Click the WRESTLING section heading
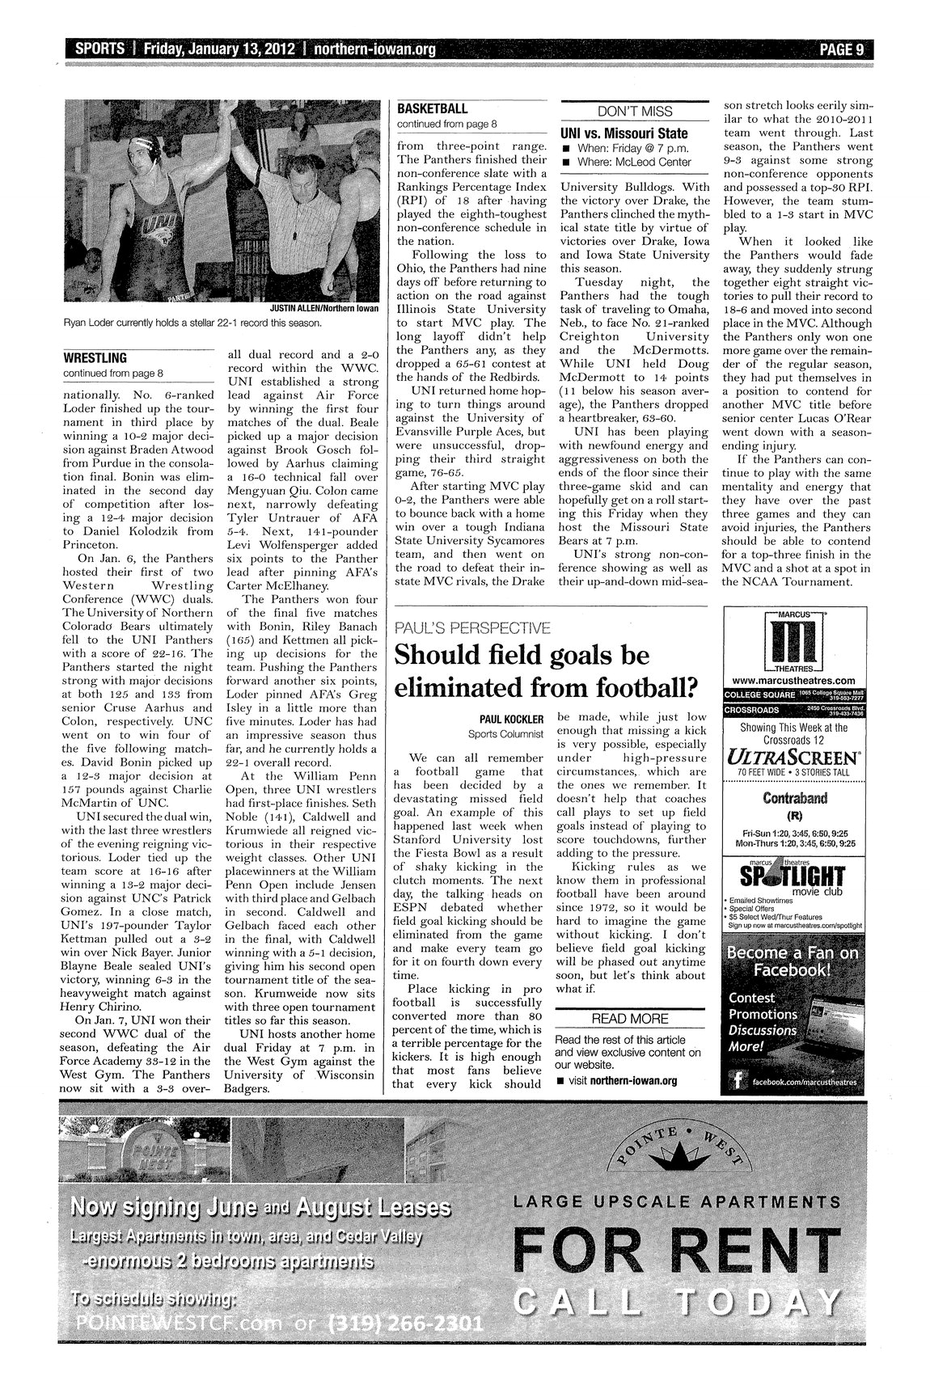[x=95, y=357]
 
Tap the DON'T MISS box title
[x=634, y=112]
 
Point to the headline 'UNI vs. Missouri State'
[x=624, y=133]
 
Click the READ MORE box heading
[x=631, y=1018]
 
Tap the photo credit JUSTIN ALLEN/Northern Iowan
[x=323, y=308]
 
